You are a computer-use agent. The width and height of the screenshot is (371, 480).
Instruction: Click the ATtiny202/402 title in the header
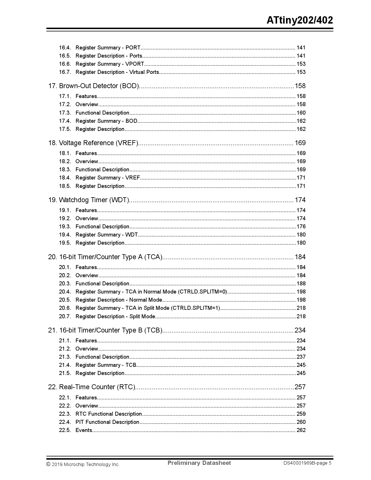coord(300,20)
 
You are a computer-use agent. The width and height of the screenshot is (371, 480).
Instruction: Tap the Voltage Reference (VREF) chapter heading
coord(93,143)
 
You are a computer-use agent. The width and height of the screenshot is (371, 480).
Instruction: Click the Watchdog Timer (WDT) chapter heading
coord(88,200)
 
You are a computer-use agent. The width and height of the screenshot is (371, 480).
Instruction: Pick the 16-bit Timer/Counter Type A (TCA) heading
coord(105,257)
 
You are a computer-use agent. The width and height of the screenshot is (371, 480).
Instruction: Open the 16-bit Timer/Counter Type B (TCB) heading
coord(105,330)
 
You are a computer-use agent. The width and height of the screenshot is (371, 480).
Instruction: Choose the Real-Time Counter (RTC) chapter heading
coord(92,387)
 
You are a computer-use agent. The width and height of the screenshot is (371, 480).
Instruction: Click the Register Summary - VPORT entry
coord(110,64)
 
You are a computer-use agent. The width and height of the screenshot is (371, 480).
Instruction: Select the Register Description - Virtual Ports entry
coord(117,72)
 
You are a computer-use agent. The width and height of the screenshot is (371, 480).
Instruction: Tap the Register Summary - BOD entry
coord(106,121)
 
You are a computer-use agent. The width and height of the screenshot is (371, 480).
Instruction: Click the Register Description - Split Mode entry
coord(115,317)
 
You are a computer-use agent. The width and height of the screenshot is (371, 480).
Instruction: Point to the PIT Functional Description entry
coord(107,422)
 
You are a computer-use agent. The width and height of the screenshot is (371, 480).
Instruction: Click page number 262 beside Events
coord(301,430)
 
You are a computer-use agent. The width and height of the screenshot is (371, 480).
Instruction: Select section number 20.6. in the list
coord(65,308)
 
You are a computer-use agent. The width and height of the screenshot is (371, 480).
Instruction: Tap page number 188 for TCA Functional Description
coord(301,284)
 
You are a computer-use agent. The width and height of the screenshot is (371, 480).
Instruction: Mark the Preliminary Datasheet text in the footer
coord(199,463)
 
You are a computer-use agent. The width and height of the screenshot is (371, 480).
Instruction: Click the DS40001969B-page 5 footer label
coord(308,463)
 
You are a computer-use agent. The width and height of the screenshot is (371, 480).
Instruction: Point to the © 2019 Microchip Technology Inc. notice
coord(83,465)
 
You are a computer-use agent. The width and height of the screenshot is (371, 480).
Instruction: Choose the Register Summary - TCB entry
coord(106,365)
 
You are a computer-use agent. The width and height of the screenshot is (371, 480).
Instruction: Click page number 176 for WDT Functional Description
coord(301,227)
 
